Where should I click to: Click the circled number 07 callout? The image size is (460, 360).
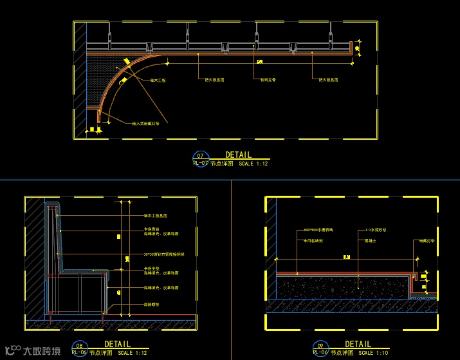[x=200, y=156]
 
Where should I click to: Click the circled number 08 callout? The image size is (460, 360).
[x=78, y=345]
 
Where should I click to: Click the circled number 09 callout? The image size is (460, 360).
[x=320, y=345]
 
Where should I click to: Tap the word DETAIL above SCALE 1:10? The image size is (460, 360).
[x=358, y=345]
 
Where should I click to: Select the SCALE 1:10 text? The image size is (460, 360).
[x=374, y=353]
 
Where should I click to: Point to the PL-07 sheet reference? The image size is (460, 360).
[x=200, y=164]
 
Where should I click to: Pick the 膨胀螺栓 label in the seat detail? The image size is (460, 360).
[x=152, y=303]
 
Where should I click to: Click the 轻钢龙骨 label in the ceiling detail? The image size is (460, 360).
[x=268, y=80]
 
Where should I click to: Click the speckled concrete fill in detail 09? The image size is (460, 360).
[x=341, y=285]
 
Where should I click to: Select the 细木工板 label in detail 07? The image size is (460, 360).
[x=158, y=81]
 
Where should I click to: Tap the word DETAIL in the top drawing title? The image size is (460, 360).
[x=238, y=155]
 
